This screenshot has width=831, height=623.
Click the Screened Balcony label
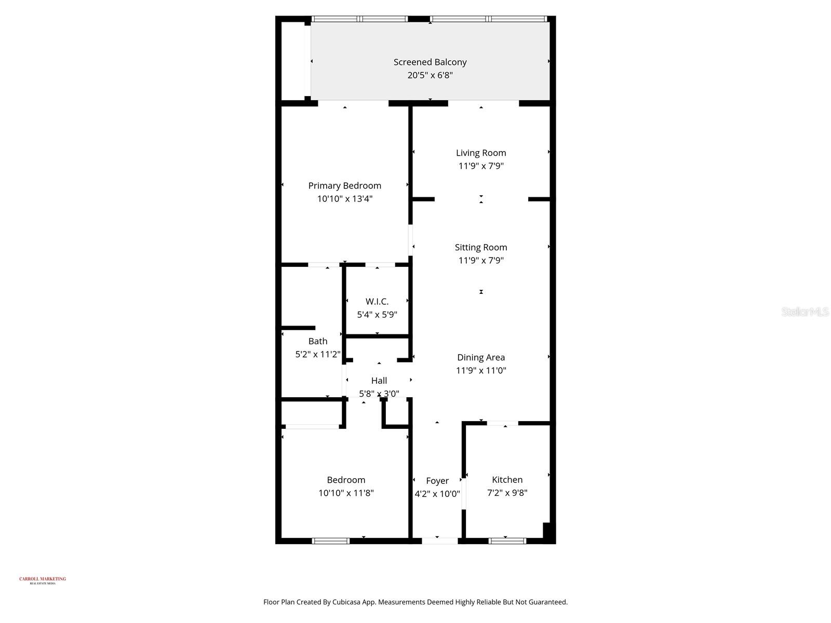(430, 62)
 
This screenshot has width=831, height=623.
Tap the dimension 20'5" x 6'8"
(430, 75)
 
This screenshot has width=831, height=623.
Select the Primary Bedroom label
(345, 186)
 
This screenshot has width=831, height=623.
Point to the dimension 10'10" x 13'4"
(345, 199)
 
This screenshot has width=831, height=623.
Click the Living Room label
(481, 153)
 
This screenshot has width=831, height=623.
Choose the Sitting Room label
(481, 248)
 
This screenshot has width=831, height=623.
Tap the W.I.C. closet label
(377, 302)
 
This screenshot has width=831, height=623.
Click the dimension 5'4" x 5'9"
(377, 315)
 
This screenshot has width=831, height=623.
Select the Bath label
(318, 342)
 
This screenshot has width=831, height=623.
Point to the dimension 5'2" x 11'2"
(318, 355)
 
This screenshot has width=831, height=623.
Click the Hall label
(379, 381)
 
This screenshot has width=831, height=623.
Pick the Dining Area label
(481, 358)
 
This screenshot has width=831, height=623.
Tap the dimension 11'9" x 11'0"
(481, 371)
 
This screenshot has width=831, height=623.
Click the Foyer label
(437, 481)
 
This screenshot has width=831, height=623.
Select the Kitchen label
(507, 480)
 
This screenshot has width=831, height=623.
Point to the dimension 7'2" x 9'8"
(507, 493)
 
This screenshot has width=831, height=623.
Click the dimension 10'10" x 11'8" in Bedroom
(346, 493)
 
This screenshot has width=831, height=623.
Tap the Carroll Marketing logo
(43, 580)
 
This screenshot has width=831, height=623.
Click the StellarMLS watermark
(805, 312)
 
